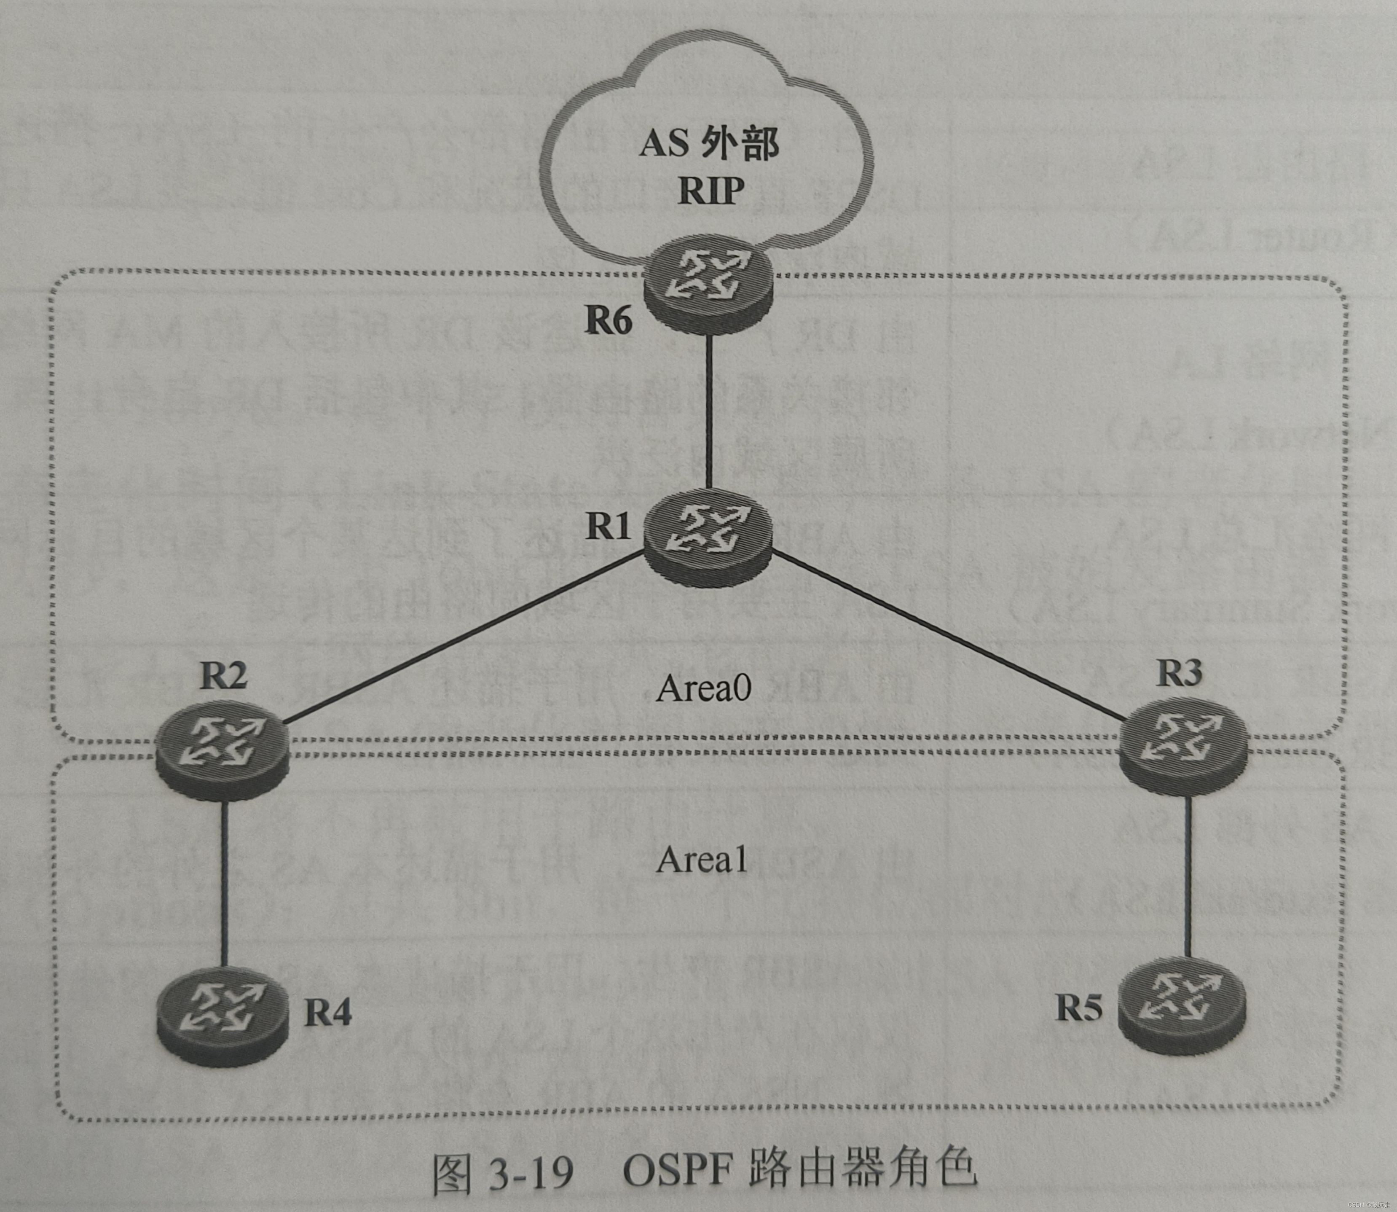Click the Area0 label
[703, 688]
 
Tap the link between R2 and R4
[224, 886]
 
